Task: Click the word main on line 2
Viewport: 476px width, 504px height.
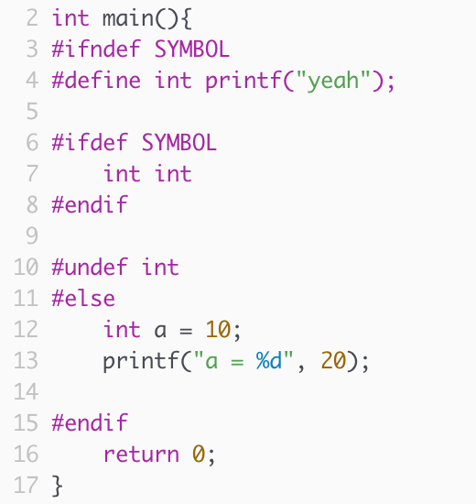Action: click(128, 18)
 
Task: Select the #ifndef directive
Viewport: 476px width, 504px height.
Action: click(96, 49)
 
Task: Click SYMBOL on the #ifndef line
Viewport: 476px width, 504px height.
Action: click(192, 49)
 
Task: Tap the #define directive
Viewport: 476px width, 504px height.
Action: click(96, 80)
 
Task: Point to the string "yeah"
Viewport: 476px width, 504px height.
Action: click(333, 81)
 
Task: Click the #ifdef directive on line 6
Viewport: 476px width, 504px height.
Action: click(90, 142)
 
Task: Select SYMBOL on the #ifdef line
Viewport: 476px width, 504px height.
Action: click(179, 143)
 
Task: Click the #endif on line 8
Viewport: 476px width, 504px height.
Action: click(90, 204)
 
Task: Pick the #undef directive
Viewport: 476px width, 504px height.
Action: click(90, 267)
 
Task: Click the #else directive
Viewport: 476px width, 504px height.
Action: click(83, 298)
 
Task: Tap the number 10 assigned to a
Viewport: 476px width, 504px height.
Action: click(218, 330)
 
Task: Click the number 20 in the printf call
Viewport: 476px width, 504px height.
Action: click(333, 361)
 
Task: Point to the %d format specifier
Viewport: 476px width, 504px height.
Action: click(269, 361)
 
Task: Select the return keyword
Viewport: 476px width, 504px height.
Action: click(141, 455)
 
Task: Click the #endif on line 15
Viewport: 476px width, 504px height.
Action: click(90, 422)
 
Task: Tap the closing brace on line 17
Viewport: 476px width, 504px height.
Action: click(57, 486)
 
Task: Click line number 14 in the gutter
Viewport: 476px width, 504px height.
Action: click(26, 391)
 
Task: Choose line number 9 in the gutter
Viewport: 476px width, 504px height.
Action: click(32, 236)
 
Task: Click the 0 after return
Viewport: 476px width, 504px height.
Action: click(199, 455)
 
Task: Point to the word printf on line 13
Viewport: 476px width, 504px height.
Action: click(141, 361)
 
